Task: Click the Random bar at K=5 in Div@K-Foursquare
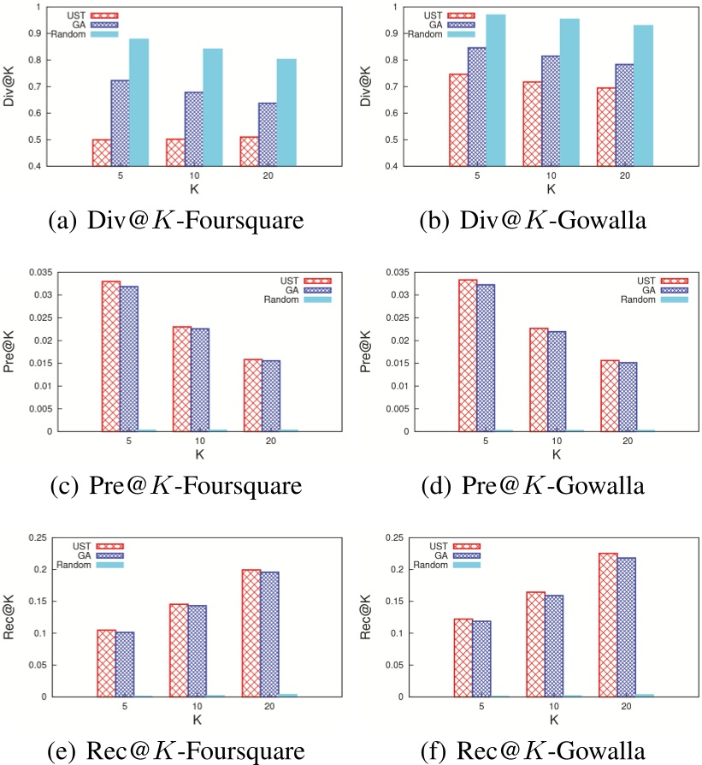(x=139, y=103)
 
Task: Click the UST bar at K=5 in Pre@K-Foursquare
(x=111, y=356)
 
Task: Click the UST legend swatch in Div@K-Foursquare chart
(x=103, y=15)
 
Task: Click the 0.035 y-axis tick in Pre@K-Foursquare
(x=37, y=273)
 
